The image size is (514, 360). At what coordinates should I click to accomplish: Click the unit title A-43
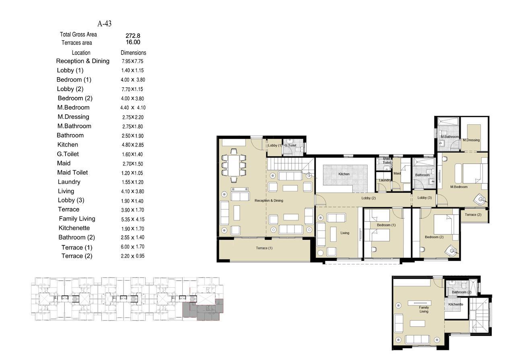(105, 24)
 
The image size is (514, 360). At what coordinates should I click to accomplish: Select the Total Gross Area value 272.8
(133, 36)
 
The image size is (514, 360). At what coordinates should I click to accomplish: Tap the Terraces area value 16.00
(133, 42)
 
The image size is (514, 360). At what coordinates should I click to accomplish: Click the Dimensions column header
(133, 53)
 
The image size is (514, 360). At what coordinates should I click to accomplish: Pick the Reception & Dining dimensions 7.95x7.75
(132, 61)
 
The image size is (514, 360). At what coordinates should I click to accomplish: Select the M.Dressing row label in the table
(73, 117)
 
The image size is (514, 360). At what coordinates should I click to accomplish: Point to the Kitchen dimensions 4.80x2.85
(133, 145)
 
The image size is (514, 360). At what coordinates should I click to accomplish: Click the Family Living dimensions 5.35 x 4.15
(133, 219)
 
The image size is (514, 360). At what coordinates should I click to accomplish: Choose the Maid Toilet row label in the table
(72, 173)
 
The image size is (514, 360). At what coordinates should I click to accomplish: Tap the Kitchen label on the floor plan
(344, 174)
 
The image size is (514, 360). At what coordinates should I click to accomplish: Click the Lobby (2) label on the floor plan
(368, 198)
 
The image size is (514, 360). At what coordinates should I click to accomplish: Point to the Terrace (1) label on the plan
(264, 248)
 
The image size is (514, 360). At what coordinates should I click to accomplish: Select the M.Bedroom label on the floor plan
(459, 187)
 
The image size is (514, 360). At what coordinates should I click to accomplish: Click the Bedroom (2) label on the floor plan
(434, 237)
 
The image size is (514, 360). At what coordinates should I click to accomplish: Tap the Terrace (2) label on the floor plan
(473, 215)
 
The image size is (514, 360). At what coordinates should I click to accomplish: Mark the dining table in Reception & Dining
(234, 165)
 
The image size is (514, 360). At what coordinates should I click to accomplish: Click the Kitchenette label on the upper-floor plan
(456, 304)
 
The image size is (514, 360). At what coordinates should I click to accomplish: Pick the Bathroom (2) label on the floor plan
(461, 292)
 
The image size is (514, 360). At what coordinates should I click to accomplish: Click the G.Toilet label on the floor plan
(290, 146)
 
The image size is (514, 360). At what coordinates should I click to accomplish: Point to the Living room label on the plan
(345, 233)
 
